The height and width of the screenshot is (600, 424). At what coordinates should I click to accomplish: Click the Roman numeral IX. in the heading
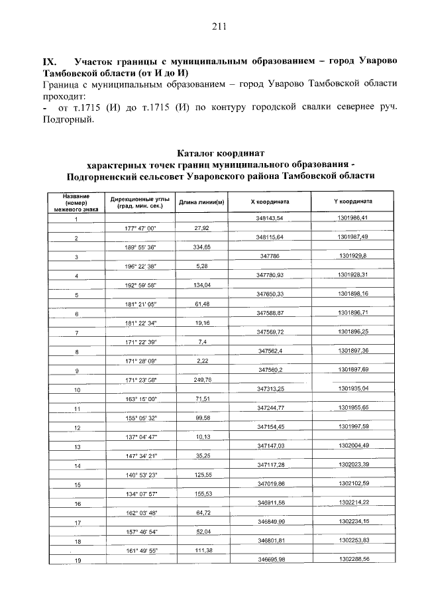pyautogui.click(x=52, y=60)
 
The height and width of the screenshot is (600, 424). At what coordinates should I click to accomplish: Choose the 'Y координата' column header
pyautogui.click(x=352, y=202)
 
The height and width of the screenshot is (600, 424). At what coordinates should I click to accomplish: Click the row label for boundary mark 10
pyautogui.click(x=77, y=390)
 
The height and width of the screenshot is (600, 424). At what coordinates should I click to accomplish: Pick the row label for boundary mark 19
pyautogui.click(x=77, y=562)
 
